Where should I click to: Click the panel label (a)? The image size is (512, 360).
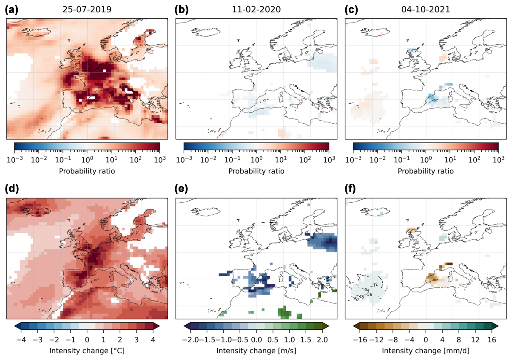11,10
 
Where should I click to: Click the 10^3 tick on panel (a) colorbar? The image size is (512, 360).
159,160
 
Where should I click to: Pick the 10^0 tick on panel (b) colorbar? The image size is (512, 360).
256,160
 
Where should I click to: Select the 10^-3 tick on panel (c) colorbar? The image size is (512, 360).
353,160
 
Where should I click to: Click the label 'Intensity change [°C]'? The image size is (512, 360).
87,351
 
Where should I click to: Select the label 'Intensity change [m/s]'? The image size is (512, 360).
256,351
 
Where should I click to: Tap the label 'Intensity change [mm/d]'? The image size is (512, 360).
426,351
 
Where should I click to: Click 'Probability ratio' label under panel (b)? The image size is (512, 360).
256,171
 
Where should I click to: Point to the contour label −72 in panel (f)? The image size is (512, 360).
375,284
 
